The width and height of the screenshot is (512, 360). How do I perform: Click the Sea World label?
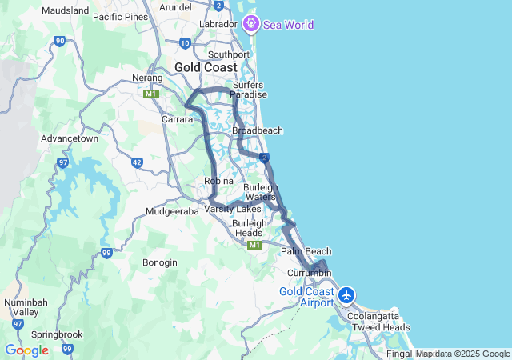pos(289,25)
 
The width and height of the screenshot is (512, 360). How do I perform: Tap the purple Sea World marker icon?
pos(251,24)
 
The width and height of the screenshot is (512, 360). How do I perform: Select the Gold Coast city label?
pos(206,67)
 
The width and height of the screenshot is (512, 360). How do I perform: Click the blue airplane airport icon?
pos(346,294)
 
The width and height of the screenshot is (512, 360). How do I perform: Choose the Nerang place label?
pos(148,78)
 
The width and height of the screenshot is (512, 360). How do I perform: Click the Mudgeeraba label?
pos(172,212)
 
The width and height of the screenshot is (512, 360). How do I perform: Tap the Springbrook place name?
pos(56,334)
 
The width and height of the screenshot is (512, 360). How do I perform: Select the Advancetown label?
pos(70,138)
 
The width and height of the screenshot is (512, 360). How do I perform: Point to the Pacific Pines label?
pos(120,17)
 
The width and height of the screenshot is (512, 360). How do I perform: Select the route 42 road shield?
pos(137,162)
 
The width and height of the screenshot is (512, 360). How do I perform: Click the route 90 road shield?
pos(60,41)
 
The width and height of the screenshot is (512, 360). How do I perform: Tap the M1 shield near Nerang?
pos(151,94)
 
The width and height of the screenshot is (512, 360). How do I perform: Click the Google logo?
pos(26,350)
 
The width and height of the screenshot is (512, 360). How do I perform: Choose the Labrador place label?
pos(219,24)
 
